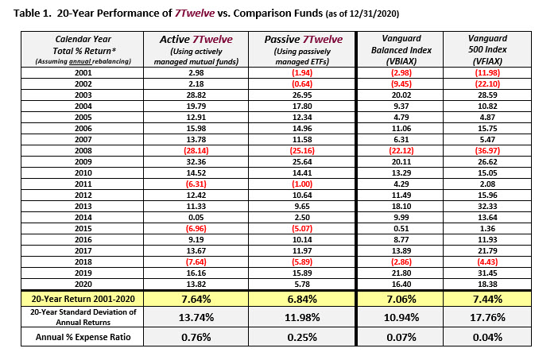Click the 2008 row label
click(83, 150)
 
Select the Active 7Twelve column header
click(196, 50)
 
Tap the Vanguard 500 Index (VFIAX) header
click(487, 49)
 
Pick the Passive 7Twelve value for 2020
click(302, 284)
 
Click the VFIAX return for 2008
click(487, 150)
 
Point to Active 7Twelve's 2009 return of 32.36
click(196, 162)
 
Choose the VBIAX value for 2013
click(401, 206)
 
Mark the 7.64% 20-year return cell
click(196, 300)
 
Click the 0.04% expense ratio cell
click(487, 338)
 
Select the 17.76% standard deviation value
click(487, 317)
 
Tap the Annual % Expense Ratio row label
click(83, 337)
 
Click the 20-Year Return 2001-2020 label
click(83, 299)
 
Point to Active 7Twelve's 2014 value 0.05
click(196, 218)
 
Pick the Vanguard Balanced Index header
click(401, 49)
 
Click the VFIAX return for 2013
click(487, 206)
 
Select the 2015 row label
click(83, 229)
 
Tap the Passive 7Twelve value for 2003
click(302, 95)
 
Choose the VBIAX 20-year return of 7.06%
click(401, 300)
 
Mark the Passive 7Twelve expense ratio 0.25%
click(302, 338)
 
